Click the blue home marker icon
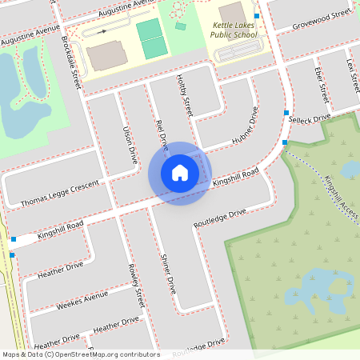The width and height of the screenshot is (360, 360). (180, 173)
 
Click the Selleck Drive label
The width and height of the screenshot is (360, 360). (310, 118)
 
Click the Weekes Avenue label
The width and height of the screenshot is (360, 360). (84, 298)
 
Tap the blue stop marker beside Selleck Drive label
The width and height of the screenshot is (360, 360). (286, 112)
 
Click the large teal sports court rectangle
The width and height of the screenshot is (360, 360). (150, 39)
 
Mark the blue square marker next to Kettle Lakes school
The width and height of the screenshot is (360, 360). (256, 16)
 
